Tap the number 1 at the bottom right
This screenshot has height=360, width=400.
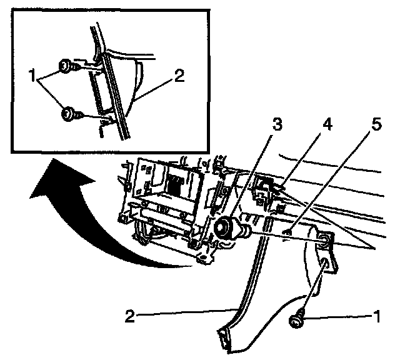(x=376, y=316)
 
